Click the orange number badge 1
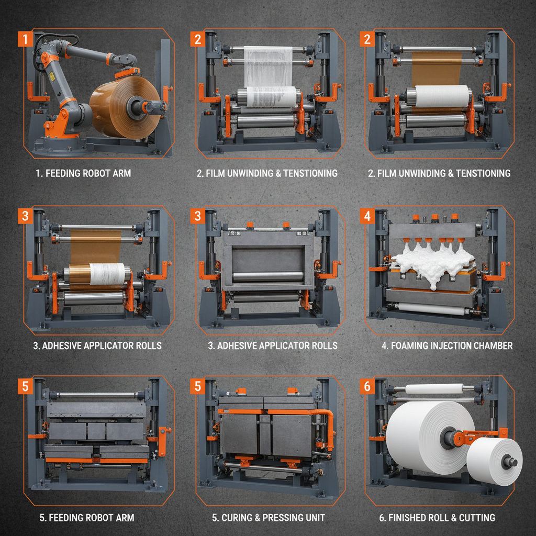pyautogui.click(x=25, y=39)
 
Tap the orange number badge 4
pyautogui.click(x=367, y=215)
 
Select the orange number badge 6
pyautogui.click(x=367, y=386)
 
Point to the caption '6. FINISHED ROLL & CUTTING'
pyautogui.click(x=437, y=518)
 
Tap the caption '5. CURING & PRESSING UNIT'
pyautogui.click(x=269, y=518)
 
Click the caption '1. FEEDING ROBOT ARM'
pyautogui.click(x=83, y=173)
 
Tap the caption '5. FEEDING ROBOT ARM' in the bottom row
pyautogui.click(x=87, y=518)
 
